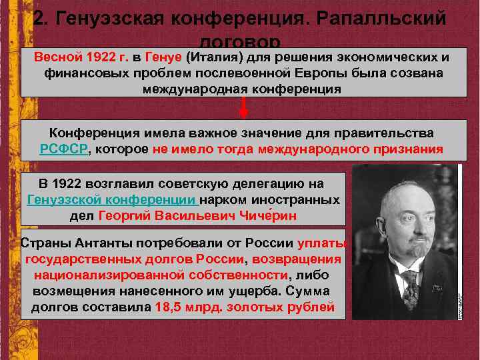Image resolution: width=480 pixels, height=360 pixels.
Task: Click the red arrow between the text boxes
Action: tap(244, 107)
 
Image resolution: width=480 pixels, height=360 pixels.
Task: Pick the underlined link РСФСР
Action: tap(64, 149)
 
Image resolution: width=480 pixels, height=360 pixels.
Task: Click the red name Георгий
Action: tap(124, 216)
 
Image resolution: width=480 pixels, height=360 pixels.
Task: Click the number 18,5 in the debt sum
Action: tap(167, 307)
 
